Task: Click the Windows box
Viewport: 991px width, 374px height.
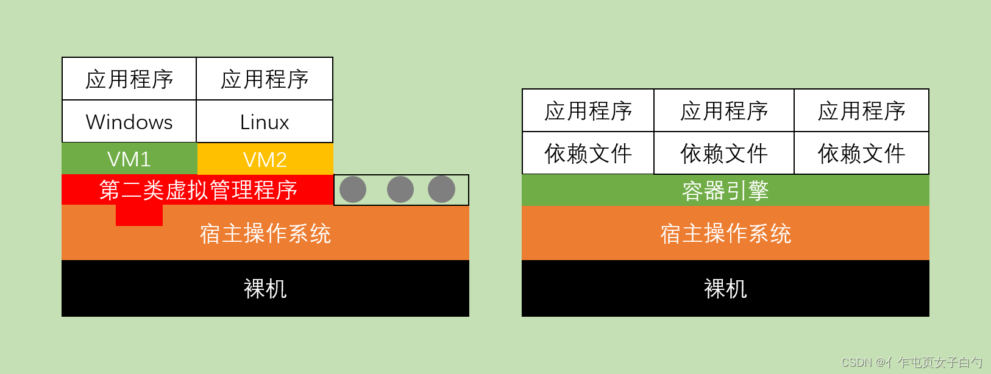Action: click(129, 122)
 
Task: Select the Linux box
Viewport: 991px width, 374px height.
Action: click(265, 122)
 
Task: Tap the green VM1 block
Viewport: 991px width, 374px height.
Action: click(129, 159)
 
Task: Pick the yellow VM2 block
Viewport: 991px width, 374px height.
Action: click(265, 159)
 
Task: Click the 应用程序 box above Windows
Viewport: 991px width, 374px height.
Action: click(129, 79)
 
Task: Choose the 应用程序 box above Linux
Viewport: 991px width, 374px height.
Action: click(265, 79)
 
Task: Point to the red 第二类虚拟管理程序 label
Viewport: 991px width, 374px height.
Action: click(198, 190)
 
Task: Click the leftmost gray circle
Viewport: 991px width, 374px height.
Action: click(353, 189)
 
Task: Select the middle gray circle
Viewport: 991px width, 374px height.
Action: click(400, 189)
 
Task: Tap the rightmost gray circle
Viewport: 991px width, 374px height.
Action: click(441, 189)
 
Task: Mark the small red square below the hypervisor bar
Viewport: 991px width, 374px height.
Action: click(139, 216)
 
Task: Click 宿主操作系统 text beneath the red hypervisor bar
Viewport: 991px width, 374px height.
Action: click(265, 234)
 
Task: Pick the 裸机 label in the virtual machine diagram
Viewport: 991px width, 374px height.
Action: click(265, 289)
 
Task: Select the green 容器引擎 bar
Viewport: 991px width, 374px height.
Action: click(725, 191)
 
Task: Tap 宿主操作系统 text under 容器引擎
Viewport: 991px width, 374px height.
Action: click(725, 234)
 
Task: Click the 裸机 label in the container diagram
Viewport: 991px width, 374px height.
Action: click(725, 289)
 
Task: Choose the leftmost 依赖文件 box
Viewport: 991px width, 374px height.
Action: click(588, 153)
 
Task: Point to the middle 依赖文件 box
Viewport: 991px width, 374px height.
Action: click(724, 153)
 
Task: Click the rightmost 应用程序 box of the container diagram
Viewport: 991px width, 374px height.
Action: click(861, 111)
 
